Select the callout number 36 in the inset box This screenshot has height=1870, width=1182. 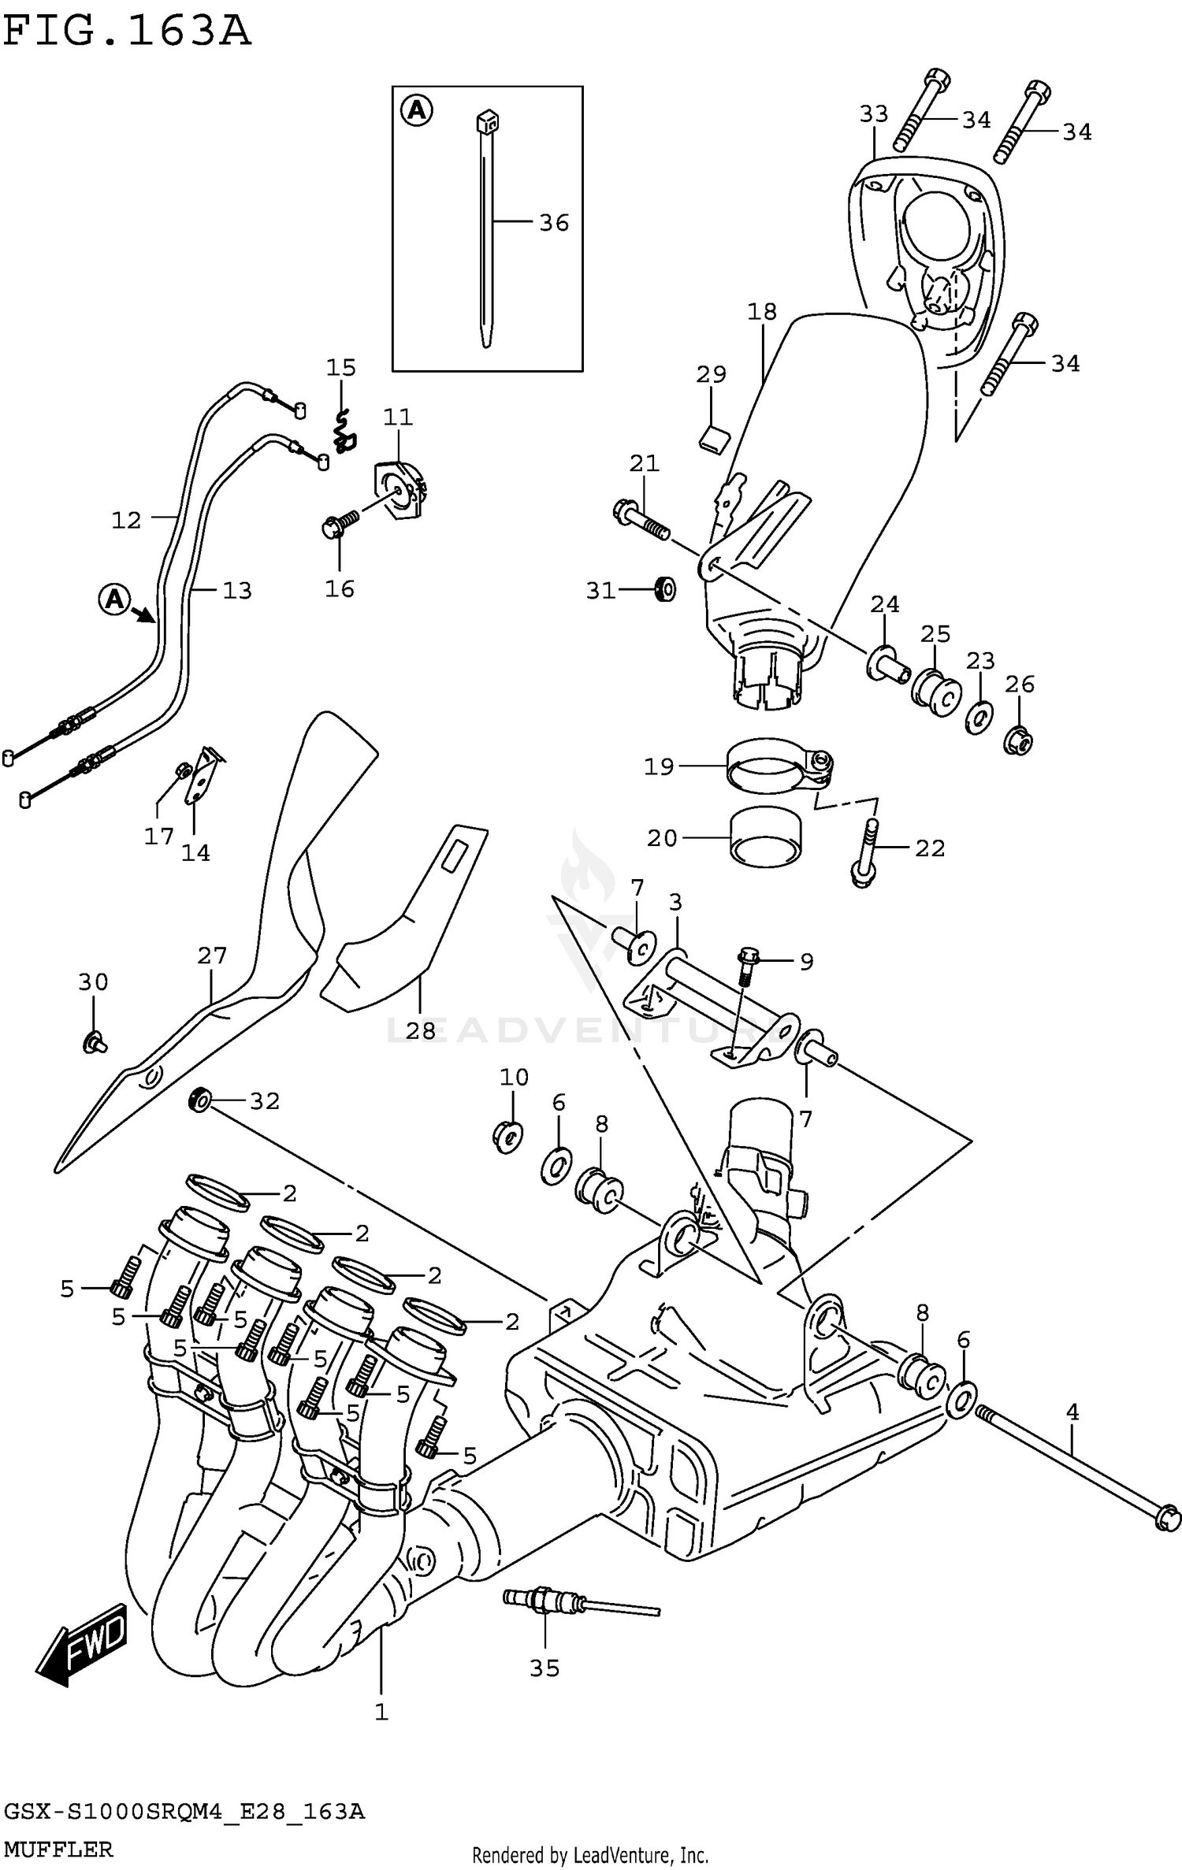554,223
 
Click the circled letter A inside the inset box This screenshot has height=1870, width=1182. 417,110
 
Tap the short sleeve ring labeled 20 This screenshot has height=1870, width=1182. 764,838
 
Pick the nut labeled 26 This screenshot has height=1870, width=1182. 1018,740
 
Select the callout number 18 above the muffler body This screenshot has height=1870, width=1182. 762,312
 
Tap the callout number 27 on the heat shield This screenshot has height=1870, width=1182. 212,955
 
